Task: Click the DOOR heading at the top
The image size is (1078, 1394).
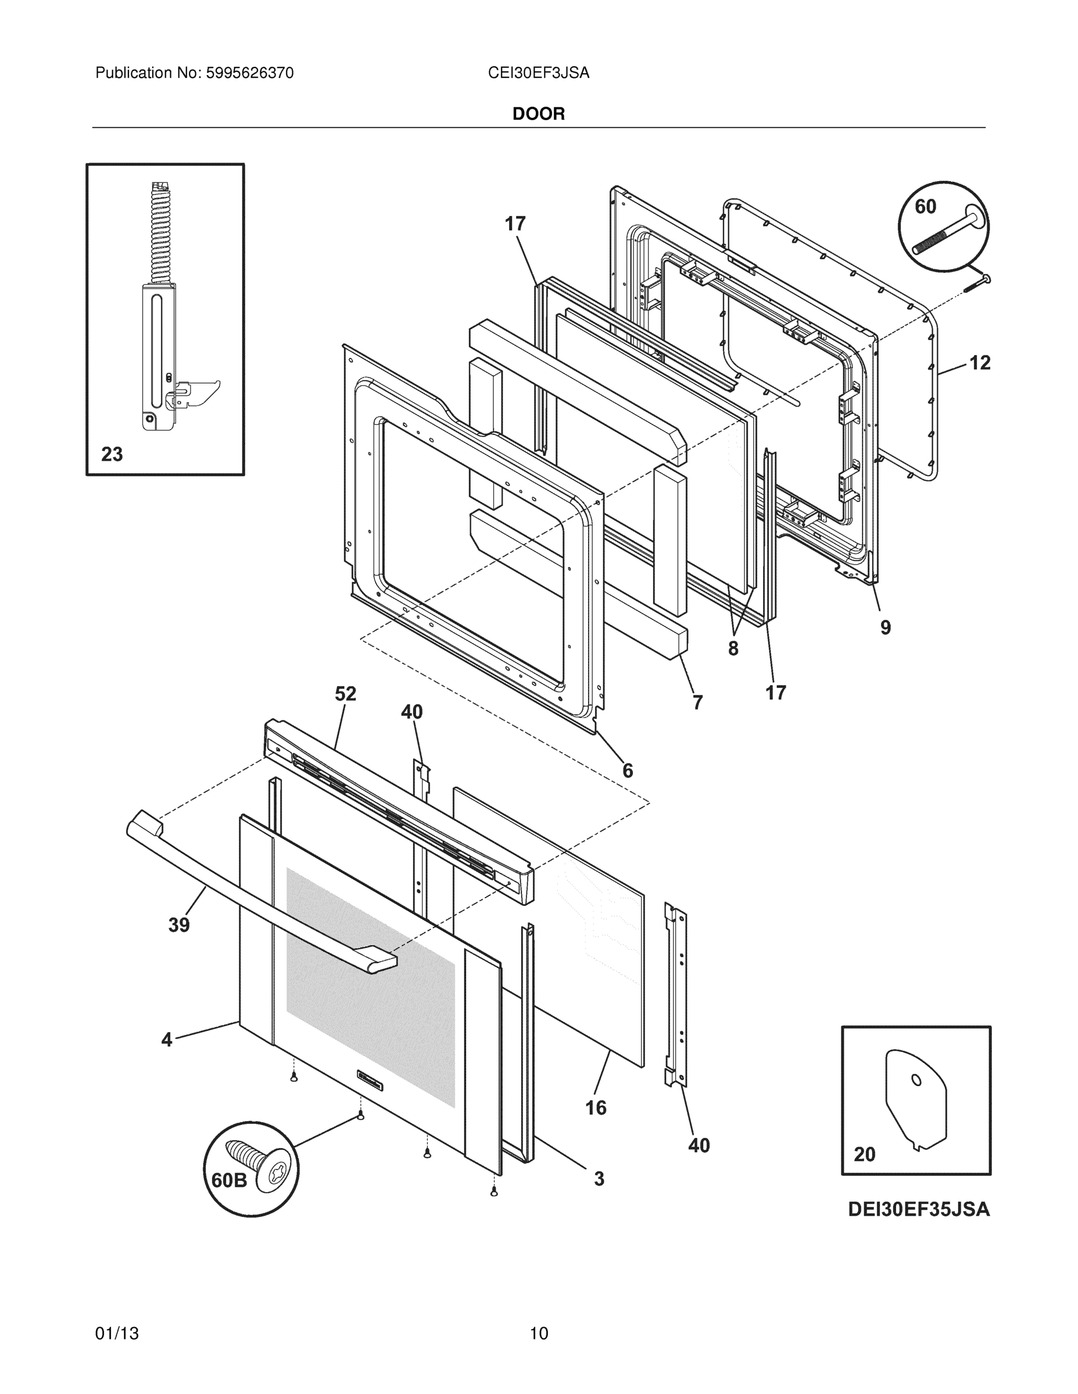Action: (x=538, y=114)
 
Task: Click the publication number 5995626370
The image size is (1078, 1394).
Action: (x=250, y=73)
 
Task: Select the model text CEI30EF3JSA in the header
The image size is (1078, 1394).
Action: (x=538, y=73)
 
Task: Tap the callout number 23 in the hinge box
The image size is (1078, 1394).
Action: (x=112, y=454)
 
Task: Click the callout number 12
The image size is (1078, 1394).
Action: (x=980, y=362)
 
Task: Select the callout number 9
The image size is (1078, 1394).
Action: (x=885, y=627)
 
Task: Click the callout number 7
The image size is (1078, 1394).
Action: (x=697, y=702)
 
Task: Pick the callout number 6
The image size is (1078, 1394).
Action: (x=627, y=771)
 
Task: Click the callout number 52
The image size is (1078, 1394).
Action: (x=346, y=694)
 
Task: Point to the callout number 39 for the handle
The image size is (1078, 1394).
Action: (x=179, y=925)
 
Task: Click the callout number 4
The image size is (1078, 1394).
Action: (x=167, y=1040)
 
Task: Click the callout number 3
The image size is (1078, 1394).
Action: (x=599, y=1179)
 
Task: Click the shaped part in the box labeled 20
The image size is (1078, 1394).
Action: (x=915, y=1099)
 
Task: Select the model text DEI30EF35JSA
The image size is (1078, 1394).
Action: (x=918, y=1209)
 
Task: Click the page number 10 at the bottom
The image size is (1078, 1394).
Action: (x=538, y=1333)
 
